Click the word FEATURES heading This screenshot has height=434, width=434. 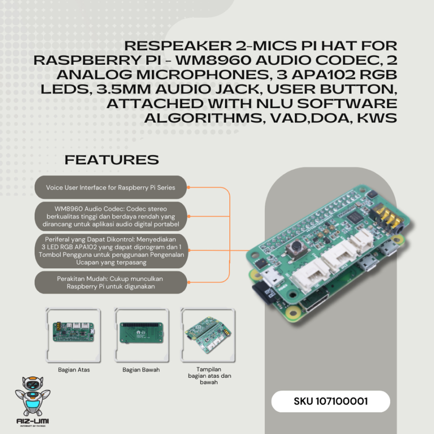click(112, 160)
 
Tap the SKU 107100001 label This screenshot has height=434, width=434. click(331, 402)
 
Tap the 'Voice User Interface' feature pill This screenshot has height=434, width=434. click(111, 187)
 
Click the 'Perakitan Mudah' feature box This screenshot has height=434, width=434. click(111, 282)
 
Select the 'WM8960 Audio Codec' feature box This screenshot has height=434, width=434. click(111, 216)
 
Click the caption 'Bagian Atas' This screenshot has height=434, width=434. click(74, 370)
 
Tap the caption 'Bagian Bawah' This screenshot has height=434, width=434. click(141, 370)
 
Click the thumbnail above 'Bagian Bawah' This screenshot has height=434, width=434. click(141, 334)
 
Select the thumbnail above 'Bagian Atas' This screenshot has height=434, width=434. click(74, 334)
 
